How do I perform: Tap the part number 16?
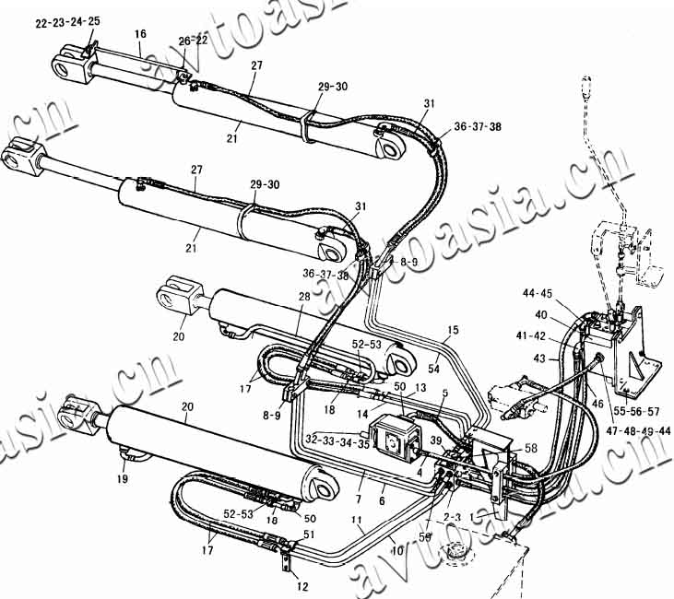coord(140,34)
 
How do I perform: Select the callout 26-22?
coord(194,41)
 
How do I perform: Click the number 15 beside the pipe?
coord(452,330)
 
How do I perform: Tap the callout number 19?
coord(124,479)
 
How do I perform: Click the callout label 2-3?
coord(451,518)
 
